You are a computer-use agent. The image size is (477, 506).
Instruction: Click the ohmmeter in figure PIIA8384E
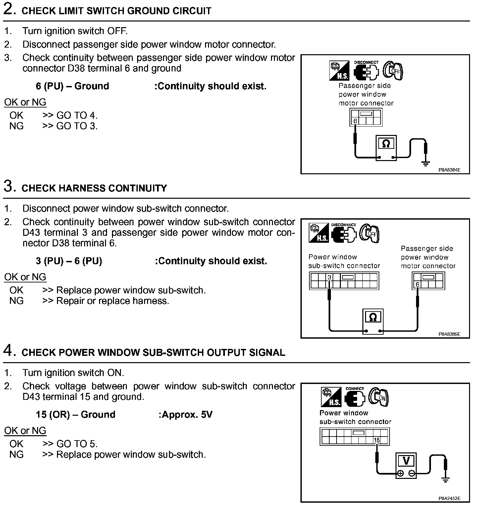coord(386,148)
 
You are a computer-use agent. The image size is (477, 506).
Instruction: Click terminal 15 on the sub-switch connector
coord(377,440)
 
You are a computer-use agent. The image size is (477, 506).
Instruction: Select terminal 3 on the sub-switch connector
coord(329,277)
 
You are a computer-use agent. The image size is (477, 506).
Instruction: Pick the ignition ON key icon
coord(379,397)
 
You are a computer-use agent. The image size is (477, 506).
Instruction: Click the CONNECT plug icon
coord(354,398)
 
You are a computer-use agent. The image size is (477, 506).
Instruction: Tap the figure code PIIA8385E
coord(450,334)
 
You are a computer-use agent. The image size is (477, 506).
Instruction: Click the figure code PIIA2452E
coord(450,498)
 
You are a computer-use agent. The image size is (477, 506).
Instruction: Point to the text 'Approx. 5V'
coord(186,414)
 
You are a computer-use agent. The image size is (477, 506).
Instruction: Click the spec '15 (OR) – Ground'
coord(76,414)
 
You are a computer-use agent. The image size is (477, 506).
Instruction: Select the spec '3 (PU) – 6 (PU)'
coord(69,261)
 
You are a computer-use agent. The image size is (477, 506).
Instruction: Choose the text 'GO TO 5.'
coord(77,443)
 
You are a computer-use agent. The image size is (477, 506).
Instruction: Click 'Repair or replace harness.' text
coord(113,301)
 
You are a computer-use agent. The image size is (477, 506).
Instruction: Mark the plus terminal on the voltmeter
coord(400,474)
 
